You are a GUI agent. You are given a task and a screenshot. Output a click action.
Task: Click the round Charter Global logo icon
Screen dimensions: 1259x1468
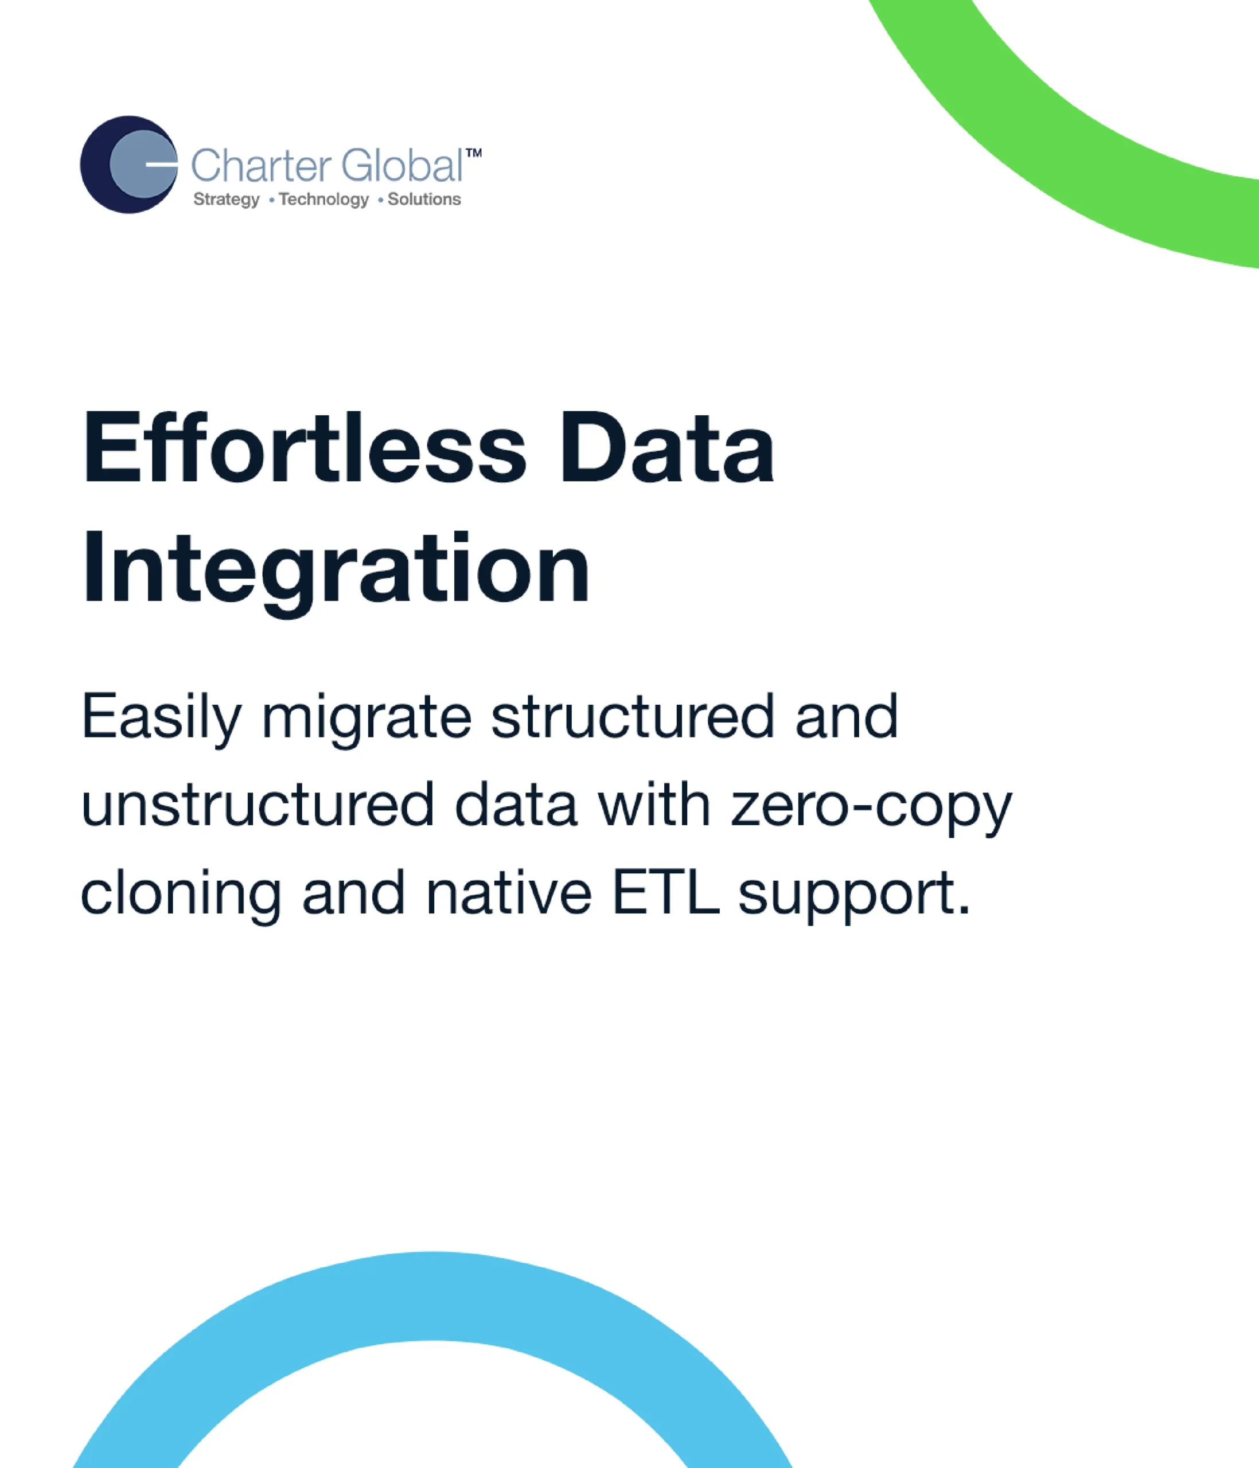pyautogui.click(x=129, y=165)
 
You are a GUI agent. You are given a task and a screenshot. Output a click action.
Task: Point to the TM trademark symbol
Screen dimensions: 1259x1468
pyautogui.click(x=474, y=154)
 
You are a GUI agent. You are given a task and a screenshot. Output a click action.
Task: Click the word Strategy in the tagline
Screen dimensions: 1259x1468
pyautogui.click(x=227, y=200)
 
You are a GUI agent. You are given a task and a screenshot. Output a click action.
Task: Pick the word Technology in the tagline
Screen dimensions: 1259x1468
pyautogui.click(x=323, y=200)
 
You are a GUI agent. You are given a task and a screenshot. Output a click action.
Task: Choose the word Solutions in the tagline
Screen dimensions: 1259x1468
pyautogui.click(x=424, y=199)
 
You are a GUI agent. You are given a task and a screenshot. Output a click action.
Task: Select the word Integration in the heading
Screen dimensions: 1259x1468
pyautogui.click(x=336, y=571)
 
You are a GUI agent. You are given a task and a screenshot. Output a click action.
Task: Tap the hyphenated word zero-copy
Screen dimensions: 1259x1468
pyautogui.click(x=871, y=809)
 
